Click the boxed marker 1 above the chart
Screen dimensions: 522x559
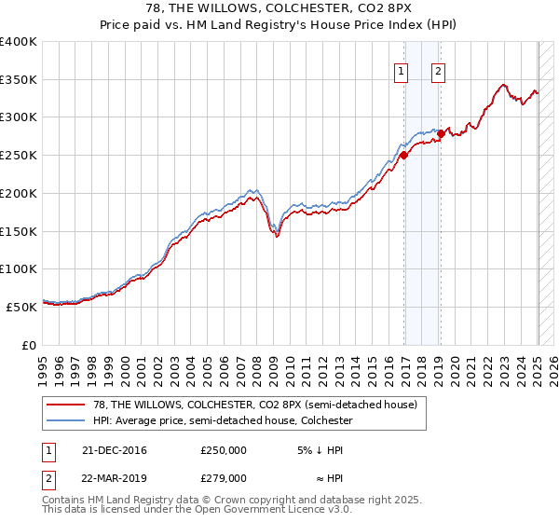click(x=401, y=71)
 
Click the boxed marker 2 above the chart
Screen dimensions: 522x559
click(x=437, y=71)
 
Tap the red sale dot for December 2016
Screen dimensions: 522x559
click(x=404, y=157)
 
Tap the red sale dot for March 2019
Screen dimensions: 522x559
click(x=441, y=134)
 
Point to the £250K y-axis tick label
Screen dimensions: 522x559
click(x=19, y=156)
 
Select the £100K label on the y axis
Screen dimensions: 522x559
click(x=19, y=269)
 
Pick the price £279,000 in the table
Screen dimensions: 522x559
click(x=224, y=477)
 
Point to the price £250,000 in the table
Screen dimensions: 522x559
click(x=224, y=450)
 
